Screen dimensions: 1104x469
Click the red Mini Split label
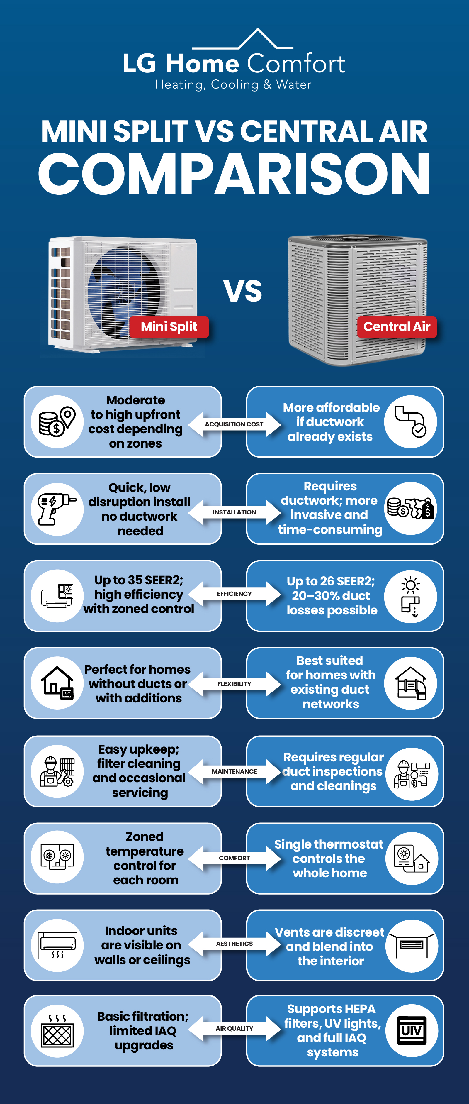[169, 326]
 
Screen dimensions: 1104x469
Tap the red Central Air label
[397, 326]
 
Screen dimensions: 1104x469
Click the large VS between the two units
[242, 291]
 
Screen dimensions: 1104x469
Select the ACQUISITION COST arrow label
[234, 424]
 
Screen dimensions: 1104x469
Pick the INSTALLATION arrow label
[234, 512]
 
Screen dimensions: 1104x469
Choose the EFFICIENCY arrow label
[234, 594]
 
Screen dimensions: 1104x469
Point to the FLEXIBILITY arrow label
[234, 684]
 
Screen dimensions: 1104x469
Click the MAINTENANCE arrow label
[234, 771]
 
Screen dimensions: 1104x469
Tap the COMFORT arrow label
[234, 858]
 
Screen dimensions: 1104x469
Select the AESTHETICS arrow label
[234, 944]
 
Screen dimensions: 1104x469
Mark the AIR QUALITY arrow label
[234, 1029]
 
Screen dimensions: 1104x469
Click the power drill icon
[57, 509]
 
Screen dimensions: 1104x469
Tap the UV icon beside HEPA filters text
[411, 1031]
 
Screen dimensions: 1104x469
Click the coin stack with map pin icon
[57, 422]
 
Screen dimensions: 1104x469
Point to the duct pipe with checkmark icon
[410, 422]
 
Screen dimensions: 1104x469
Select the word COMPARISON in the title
[234, 175]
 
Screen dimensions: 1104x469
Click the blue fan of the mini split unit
[124, 292]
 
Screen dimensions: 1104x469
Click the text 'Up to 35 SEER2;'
[139, 580]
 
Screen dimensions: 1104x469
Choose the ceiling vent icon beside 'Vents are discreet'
[411, 945]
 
